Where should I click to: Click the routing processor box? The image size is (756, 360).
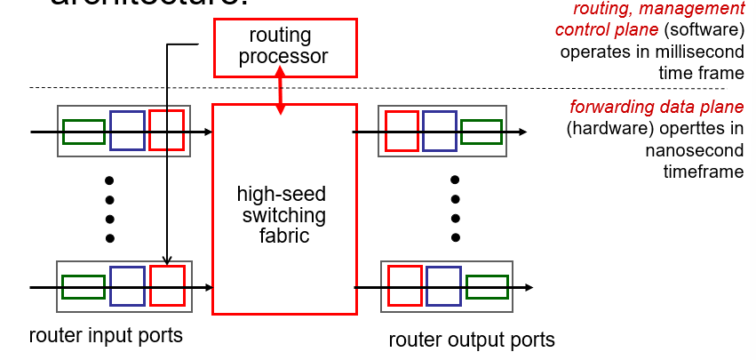(284, 46)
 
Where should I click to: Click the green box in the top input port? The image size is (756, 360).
(84, 132)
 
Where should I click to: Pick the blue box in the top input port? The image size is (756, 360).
(127, 132)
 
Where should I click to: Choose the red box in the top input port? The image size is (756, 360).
(167, 132)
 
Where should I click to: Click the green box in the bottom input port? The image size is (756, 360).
(84, 287)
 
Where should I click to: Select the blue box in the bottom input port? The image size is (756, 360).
(127, 286)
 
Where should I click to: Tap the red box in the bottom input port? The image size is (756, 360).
(167, 286)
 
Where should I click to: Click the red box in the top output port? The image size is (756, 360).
(402, 132)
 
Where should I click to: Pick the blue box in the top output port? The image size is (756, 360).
(440, 132)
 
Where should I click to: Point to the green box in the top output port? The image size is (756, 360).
(481, 132)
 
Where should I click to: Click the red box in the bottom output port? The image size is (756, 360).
(405, 286)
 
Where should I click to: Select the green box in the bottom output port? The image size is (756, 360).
(487, 286)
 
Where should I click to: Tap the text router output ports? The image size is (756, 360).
(472, 340)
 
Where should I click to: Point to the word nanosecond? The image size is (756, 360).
(694, 150)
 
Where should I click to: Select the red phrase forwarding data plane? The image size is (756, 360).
(657, 108)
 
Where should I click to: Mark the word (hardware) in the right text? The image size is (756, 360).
(605, 130)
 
